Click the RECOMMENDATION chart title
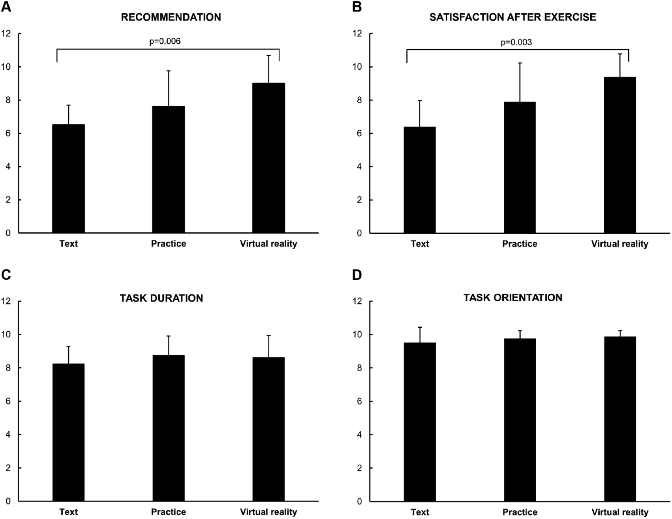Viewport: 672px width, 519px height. [171, 17]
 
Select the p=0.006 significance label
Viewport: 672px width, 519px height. [165, 41]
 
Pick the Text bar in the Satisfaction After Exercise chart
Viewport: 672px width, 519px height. [420, 180]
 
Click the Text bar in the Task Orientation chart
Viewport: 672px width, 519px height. [420, 422]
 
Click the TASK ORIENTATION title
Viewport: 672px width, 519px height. [513, 298]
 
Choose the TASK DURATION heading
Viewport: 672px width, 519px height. [161, 298]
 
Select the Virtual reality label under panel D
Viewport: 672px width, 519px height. [620, 512]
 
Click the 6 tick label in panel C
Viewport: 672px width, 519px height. [8, 401]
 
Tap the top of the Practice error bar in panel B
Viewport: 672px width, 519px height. [520, 63]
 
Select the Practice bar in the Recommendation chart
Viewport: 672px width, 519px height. [169, 169]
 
